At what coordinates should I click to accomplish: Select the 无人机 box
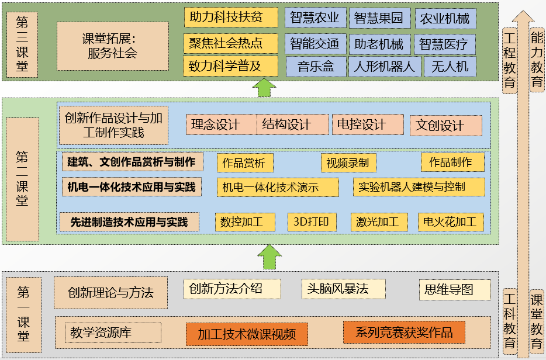[x=450, y=67]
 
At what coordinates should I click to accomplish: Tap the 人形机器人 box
[x=384, y=67]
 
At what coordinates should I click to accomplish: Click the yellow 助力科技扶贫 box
[x=231, y=17]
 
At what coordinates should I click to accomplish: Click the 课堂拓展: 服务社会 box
[x=112, y=46]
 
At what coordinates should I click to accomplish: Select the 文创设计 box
[x=445, y=125]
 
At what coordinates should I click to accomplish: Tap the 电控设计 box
[x=368, y=124]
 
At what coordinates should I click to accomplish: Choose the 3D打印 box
[x=312, y=222]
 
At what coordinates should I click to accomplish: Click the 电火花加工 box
[x=450, y=222]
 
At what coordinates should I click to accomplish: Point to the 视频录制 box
[x=348, y=162]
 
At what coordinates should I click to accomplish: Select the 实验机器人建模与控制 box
[x=419, y=187]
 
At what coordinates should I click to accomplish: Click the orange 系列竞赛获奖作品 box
[x=404, y=333]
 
